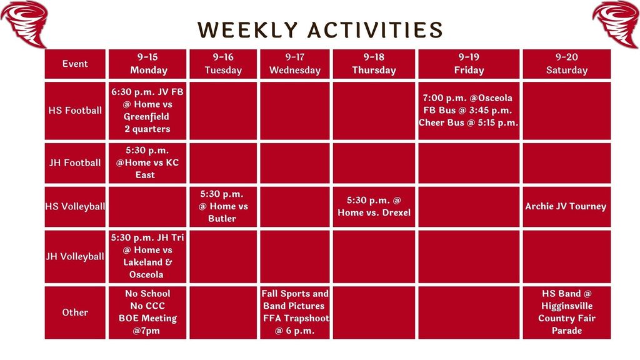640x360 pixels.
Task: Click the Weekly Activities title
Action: point(320,29)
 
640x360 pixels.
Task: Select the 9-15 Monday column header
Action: point(148,64)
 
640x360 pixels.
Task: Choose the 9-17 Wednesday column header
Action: point(295,64)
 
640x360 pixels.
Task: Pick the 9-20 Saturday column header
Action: point(566,64)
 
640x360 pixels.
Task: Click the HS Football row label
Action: point(75,111)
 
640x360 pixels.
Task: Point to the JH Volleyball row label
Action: point(75,256)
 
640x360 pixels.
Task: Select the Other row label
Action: point(75,312)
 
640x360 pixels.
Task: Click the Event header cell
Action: point(75,64)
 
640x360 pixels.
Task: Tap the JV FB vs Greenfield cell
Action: point(147,111)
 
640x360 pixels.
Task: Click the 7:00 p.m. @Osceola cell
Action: point(468,111)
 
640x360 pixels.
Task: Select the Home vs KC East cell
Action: point(147,162)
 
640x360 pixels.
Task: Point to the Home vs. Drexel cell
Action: point(374,206)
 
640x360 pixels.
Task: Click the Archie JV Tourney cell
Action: point(566,206)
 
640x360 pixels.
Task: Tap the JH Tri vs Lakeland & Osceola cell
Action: point(147,256)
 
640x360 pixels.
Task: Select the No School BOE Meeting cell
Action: point(147,312)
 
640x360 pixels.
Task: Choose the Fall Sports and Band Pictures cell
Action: point(295,312)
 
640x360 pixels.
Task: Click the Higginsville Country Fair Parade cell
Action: point(566,312)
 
